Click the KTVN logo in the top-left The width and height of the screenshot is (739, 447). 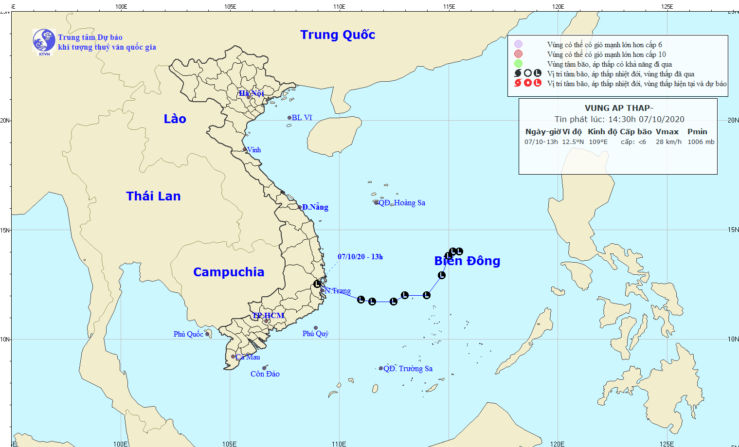point(44,41)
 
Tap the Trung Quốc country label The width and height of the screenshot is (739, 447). point(338,35)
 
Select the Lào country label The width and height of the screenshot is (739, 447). point(175,119)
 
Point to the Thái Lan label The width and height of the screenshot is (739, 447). point(153,196)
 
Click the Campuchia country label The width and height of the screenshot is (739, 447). point(229,272)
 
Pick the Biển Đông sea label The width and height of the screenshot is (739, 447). point(467,261)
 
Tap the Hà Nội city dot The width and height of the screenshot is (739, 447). point(249,97)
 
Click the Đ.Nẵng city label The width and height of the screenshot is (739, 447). point(315,207)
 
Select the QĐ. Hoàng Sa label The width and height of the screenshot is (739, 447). point(402,203)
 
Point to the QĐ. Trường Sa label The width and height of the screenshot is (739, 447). point(408,369)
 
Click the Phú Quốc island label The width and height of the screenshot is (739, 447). point(188,334)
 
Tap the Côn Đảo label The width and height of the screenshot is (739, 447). point(265,374)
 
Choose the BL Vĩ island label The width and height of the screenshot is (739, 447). point(302,118)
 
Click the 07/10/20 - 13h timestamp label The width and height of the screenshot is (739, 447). point(360,257)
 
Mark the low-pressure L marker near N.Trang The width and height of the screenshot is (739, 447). point(317,284)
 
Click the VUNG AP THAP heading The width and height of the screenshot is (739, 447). point(619,108)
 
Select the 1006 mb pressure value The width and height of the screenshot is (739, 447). point(701,142)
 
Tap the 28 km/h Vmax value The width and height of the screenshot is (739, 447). point(668,142)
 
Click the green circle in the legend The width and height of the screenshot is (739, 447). point(519,64)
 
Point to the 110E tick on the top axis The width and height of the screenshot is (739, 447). point(339,7)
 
